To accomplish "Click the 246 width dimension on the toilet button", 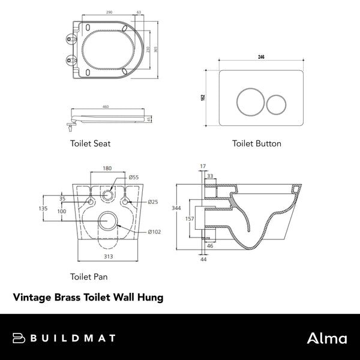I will (262, 56).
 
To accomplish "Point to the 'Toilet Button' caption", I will (257, 144).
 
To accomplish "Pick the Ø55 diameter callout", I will (135, 178).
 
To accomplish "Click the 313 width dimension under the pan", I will (107, 256).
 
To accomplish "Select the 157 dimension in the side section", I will (189, 218).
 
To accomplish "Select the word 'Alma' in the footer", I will (326, 338).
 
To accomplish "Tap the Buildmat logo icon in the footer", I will (18, 338).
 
